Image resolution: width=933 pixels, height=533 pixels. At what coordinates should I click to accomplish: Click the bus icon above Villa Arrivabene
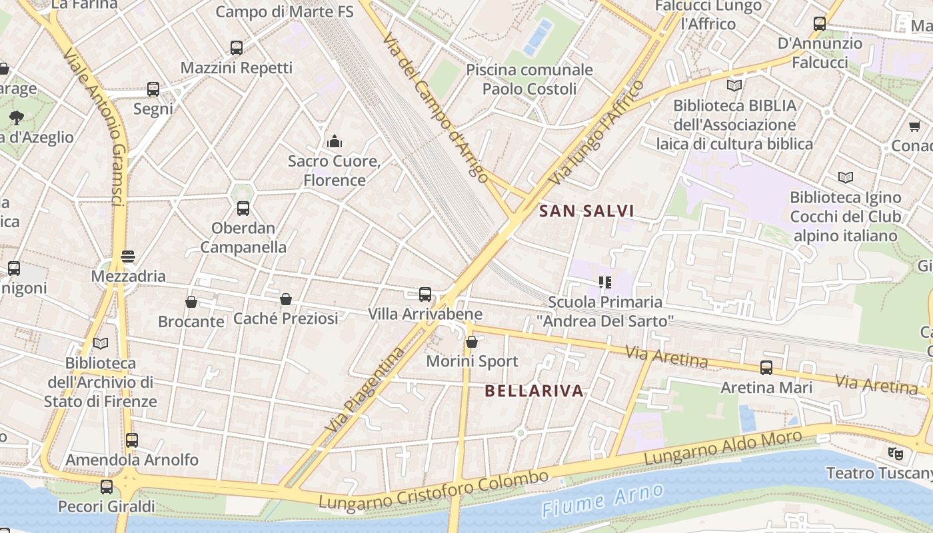tap(425, 294)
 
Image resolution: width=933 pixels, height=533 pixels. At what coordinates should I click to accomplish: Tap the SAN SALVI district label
tap(586, 211)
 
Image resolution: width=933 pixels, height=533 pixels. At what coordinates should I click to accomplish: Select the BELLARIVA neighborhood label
tap(534, 391)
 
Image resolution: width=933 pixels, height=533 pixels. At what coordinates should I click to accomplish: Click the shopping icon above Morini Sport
tap(472, 342)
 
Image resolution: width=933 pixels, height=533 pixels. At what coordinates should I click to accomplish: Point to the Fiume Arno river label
tap(602, 500)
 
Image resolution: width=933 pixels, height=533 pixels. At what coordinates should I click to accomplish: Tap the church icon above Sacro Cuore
tap(335, 141)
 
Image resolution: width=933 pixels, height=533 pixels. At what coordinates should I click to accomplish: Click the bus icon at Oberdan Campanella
tap(243, 209)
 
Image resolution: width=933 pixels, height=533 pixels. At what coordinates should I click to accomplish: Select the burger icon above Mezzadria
tap(128, 257)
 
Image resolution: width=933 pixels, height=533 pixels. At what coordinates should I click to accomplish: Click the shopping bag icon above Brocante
tap(191, 302)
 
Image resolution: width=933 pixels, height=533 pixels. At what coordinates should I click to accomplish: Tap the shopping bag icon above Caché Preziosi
tap(286, 299)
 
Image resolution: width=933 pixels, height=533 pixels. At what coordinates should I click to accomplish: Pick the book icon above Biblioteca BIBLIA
tap(734, 85)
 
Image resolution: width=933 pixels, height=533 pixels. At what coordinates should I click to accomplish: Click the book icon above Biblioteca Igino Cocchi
tap(846, 177)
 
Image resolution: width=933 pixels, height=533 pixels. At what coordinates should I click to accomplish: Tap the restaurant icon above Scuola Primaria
tap(605, 282)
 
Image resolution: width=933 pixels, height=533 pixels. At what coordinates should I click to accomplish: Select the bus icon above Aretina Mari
tap(766, 368)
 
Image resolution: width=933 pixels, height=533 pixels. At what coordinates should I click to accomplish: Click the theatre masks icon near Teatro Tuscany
tap(896, 454)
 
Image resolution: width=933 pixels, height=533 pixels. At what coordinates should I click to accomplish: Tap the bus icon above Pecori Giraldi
tap(107, 487)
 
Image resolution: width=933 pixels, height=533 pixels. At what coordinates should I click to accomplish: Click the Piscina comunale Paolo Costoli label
tap(529, 79)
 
